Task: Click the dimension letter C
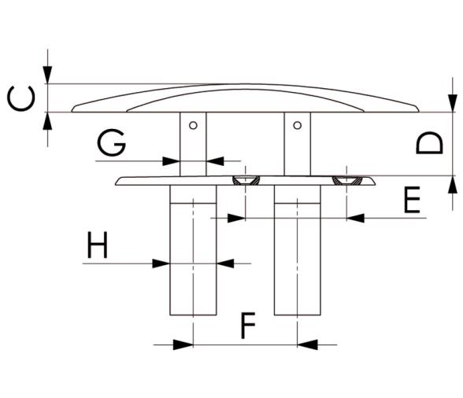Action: pos(23,100)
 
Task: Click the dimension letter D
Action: pos(430,144)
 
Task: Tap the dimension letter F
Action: pos(247,325)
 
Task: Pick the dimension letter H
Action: pos(98,246)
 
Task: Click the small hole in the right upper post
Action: pos(296,124)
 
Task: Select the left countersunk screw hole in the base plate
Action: pos(246,180)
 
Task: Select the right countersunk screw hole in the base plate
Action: pos(346,180)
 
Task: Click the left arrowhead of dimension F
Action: pos(183,344)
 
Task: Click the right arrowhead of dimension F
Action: pos(307,344)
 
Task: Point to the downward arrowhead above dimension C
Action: pos(49,76)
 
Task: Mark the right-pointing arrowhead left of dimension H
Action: pos(161,263)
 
